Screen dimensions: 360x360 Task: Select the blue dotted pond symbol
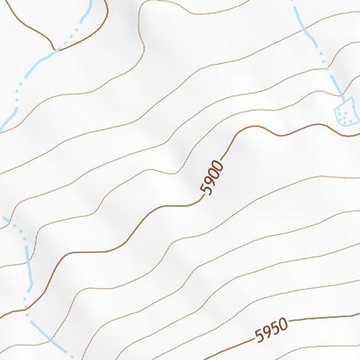click(344, 112)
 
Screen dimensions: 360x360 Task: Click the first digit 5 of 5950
click(259, 337)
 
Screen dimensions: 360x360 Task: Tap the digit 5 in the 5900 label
click(206, 193)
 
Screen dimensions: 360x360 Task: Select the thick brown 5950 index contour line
click(324, 319)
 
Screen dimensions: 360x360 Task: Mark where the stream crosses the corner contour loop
click(56, 50)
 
